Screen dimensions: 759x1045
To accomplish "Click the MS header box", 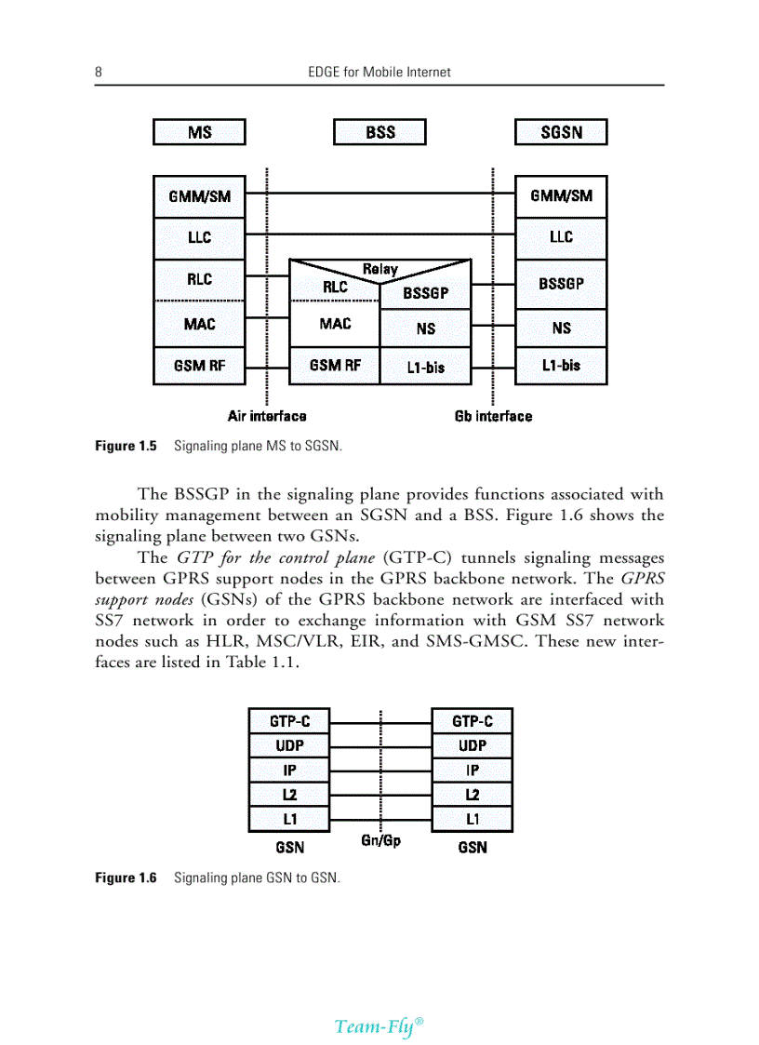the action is pyautogui.click(x=199, y=132).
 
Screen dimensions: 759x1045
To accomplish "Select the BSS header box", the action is pyautogui.click(x=379, y=132).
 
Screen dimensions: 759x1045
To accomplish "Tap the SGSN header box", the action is pyautogui.click(x=561, y=132).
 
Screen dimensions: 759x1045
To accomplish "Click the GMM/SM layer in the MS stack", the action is pyautogui.click(x=199, y=196).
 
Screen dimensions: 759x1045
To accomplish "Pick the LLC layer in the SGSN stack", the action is pyautogui.click(x=561, y=237).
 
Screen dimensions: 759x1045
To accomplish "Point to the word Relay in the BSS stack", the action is pyautogui.click(x=379, y=269).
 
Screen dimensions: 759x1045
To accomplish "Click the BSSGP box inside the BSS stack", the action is pyautogui.click(x=425, y=293).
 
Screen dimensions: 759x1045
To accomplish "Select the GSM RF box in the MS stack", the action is pyautogui.click(x=199, y=366).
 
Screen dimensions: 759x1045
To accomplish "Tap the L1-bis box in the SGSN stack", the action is pyautogui.click(x=561, y=366).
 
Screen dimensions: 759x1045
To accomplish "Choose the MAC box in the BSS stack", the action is pyautogui.click(x=335, y=324).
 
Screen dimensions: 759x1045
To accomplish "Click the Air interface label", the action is pyautogui.click(x=267, y=416).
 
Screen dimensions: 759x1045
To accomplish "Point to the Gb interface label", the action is pyautogui.click(x=493, y=416).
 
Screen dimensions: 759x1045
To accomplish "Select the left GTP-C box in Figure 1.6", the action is pyautogui.click(x=289, y=721).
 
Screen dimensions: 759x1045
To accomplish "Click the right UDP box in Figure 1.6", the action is pyautogui.click(x=473, y=745).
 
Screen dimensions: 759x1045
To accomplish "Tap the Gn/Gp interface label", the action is pyautogui.click(x=380, y=841).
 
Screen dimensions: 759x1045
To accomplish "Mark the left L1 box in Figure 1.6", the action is pyautogui.click(x=289, y=819).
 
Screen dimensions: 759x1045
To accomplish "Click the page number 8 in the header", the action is pyautogui.click(x=98, y=72).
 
